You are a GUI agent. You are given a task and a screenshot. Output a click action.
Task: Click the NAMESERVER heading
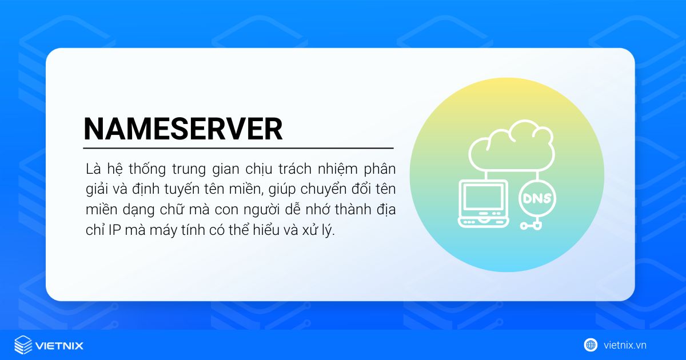pos(183,129)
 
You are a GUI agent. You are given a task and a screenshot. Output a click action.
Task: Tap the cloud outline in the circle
pos(512,146)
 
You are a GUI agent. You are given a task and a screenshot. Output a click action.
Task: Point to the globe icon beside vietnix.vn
pos(591,345)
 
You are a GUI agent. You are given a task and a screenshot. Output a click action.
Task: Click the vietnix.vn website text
pos(625,345)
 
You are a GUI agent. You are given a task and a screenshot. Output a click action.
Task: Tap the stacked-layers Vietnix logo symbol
pos(23,345)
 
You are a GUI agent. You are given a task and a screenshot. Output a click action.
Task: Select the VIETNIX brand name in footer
pos(59,346)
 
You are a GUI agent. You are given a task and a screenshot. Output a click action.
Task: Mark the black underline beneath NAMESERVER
pos(238,148)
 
